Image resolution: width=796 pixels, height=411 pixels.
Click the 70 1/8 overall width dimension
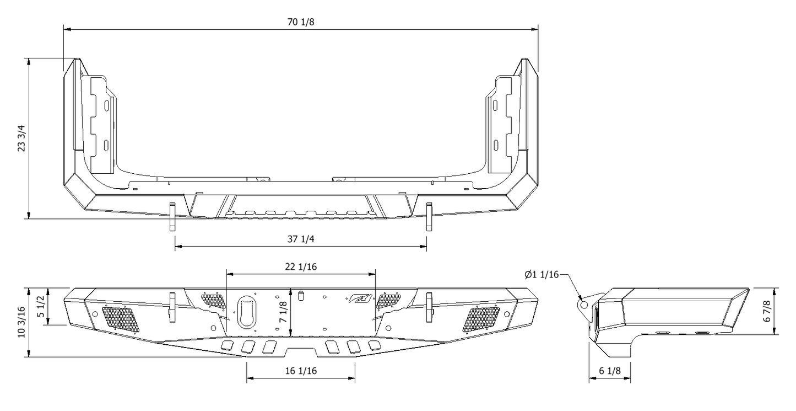click(x=300, y=22)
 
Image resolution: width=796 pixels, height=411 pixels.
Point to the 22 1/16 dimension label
click(x=300, y=266)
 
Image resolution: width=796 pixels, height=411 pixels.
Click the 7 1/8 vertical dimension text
click(x=283, y=312)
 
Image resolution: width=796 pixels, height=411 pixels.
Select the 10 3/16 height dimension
click(x=21, y=323)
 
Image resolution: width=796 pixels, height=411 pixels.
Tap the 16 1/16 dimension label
click(x=300, y=371)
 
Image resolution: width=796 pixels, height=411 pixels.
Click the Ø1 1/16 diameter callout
click(x=542, y=274)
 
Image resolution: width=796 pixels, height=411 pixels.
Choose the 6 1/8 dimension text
click(x=609, y=371)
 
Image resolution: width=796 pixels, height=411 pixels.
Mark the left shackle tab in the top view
click(x=172, y=216)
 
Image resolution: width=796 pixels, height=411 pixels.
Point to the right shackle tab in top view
click(x=429, y=216)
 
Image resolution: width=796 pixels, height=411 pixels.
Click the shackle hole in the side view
click(x=583, y=304)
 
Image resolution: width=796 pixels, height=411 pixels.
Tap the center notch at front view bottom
click(x=301, y=351)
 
